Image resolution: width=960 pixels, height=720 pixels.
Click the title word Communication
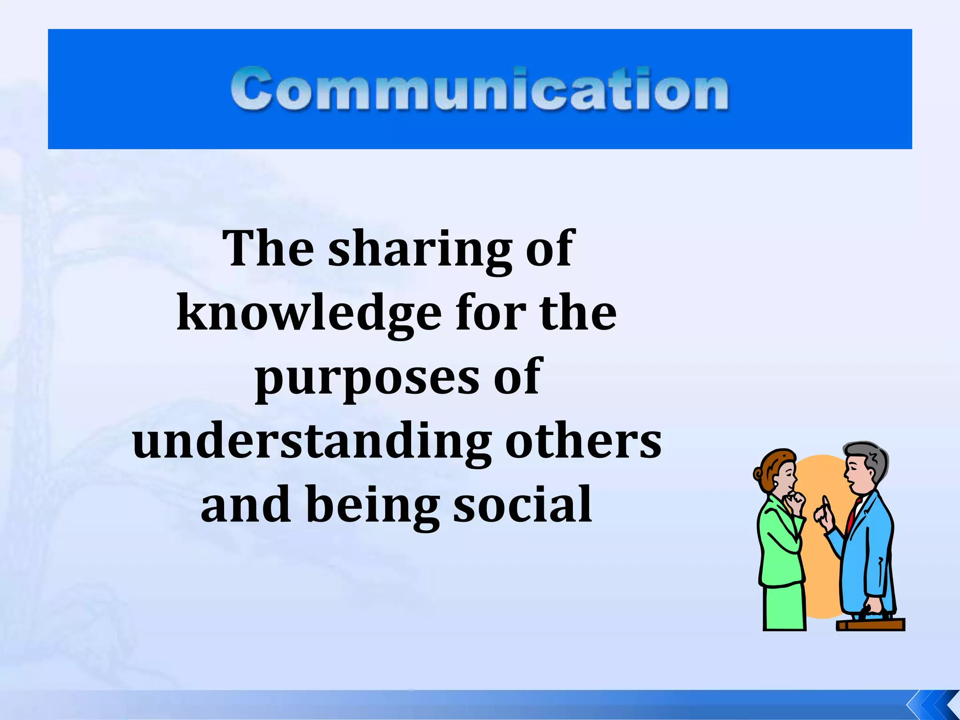pos(480,89)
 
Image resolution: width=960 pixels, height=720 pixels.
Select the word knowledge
pos(309,314)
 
